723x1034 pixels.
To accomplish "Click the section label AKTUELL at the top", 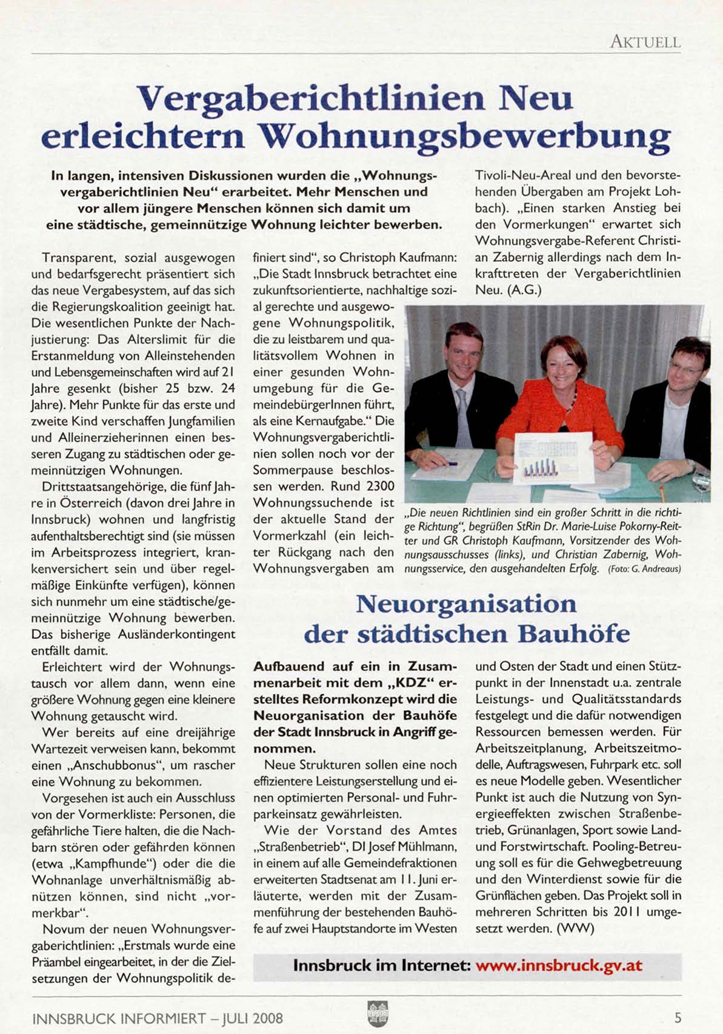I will (x=645, y=42).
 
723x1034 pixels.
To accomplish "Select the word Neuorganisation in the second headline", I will (x=466, y=604).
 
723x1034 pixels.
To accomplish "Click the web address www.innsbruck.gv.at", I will (x=559, y=965).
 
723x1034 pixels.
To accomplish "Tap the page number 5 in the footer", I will (x=678, y=1018).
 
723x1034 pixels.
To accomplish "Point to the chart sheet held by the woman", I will (x=552, y=458).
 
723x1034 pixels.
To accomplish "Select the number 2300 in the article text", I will (x=381, y=486).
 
